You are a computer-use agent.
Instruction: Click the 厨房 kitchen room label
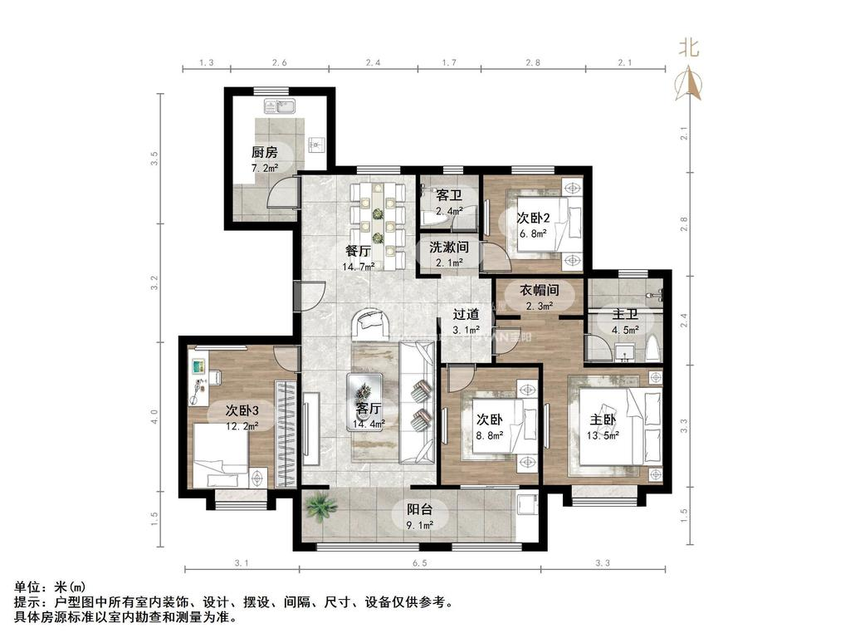point(264,153)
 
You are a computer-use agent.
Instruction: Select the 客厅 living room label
point(368,409)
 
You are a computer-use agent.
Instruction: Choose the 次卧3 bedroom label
point(242,410)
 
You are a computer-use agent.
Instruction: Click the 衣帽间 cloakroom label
point(539,291)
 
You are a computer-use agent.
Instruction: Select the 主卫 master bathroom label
point(624,315)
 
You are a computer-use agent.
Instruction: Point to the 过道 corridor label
point(466,315)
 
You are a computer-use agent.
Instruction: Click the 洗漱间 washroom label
point(449,248)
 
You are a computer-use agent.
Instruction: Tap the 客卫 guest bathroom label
point(448,196)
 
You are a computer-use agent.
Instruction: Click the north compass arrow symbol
point(689,83)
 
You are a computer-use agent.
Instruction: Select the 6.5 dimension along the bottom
point(420,564)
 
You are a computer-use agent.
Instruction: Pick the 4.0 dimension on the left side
point(153,413)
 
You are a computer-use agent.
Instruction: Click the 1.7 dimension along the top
point(449,63)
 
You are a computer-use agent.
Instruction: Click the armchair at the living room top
point(372,324)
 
